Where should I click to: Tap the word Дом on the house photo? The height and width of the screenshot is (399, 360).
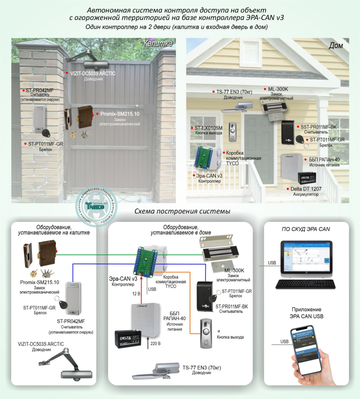click(x=338, y=45)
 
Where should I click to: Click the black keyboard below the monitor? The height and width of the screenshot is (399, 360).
click(x=302, y=284)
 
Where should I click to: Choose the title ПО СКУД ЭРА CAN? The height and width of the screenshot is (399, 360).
click(x=306, y=229)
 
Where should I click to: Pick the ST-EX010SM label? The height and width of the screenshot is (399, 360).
click(x=209, y=128)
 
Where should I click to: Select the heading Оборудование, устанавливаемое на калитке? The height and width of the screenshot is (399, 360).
click(x=54, y=229)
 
